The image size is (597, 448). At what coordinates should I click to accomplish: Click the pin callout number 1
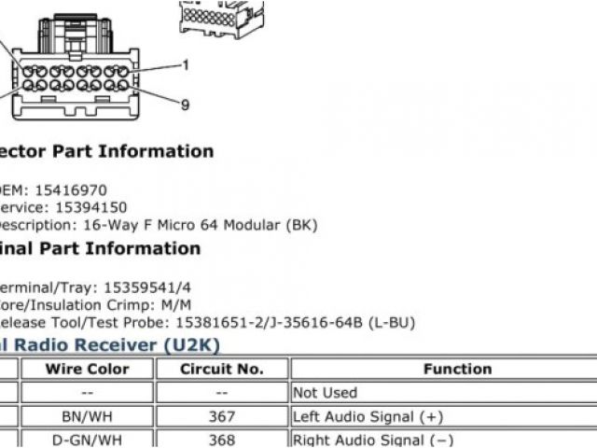(185, 65)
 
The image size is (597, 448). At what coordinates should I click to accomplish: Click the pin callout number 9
(185, 105)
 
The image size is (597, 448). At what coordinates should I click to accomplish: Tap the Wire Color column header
(87, 369)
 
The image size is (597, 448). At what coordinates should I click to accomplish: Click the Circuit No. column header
(222, 369)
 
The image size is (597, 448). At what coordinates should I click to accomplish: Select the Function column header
(457, 369)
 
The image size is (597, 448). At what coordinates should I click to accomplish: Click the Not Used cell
(325, 393)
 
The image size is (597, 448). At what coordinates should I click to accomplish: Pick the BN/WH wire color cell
(87, 416)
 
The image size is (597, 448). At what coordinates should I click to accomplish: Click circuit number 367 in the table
(222, 416)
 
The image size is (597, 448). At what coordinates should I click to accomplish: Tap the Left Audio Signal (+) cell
(368, 416)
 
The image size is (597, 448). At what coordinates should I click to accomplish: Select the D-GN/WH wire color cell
(87, 440)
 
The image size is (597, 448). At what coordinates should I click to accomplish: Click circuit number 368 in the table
(222, 440)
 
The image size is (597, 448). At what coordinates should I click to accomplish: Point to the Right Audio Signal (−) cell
(371, 440)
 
